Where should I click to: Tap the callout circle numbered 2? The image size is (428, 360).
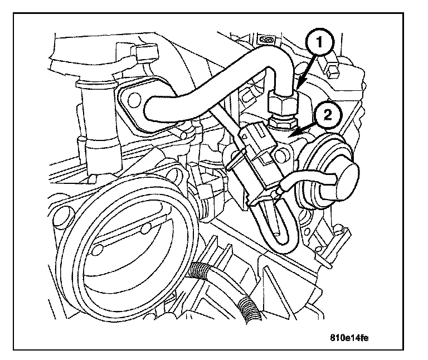(x=327, y=115)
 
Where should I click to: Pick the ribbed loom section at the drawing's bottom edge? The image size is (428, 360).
(x=245, y=308)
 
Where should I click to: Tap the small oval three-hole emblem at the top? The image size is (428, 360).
(x=267, y=40)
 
